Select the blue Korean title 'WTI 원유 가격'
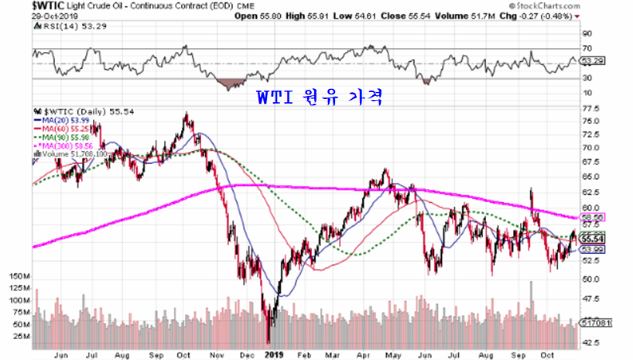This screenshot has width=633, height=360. [x=319, y=99]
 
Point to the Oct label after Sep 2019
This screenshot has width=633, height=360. [x=546, y=355]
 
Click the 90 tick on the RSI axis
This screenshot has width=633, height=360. [x=586, y=33]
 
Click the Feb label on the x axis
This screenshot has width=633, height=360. [x=303, y=355]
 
